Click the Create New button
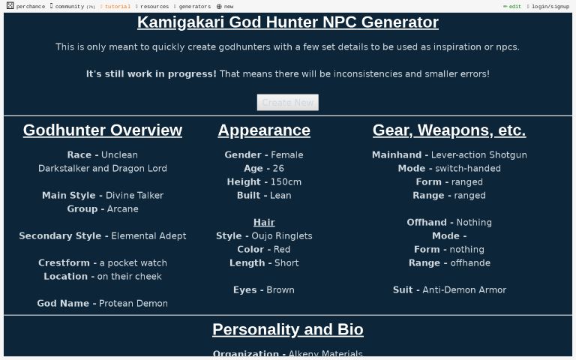click(287, 103)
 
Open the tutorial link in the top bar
click(117, 7)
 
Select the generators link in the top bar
click(194, 7)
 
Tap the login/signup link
click(550, 7)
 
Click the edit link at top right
click(514, 7)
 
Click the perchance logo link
click(26, 7)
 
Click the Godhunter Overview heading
click(103, 130)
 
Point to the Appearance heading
click(264, 130)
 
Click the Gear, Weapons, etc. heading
click(449, 130)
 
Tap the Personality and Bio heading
click(288, 330)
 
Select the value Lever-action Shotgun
click(478, 155)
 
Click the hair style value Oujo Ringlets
click(282, 236)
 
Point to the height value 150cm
click(286, 182)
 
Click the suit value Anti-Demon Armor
click(464, 290)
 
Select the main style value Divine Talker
click(134, 196)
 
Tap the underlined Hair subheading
click(264, 223)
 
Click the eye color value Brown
click(280, 290)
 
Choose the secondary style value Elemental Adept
click(148, 236)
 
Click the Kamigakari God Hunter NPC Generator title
click(288, 22)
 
